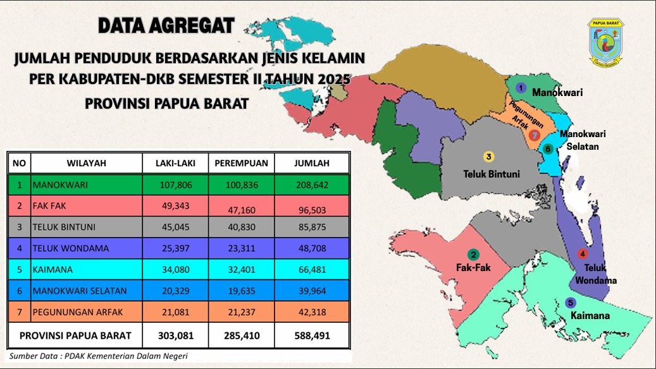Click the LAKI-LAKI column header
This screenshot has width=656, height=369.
(175, 163)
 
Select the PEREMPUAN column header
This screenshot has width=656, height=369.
(241, 163)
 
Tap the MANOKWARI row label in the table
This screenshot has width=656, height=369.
(60, 185)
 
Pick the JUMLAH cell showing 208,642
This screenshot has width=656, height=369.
(312, 185)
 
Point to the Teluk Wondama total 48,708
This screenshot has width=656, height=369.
(312, 249)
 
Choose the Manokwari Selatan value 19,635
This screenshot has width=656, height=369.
(241, 291)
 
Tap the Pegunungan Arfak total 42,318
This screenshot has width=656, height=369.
(312, 312)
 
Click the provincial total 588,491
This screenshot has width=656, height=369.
(312, 335)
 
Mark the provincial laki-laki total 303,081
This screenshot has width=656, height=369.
(175, 335)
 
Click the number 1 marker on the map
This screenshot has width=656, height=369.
(521, 88)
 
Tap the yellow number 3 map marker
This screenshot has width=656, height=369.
(488, 157)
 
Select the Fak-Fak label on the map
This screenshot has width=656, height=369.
(473, 267)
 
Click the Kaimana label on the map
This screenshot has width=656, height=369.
(590, 315)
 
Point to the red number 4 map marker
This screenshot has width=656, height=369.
(583, 254)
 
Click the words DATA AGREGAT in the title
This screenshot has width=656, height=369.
(166, 27)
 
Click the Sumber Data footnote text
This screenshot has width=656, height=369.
(98, 356)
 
